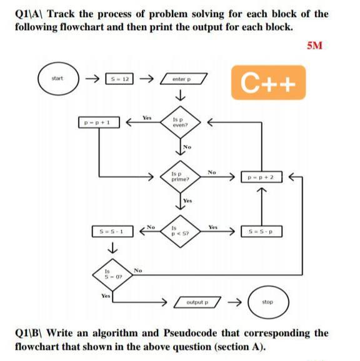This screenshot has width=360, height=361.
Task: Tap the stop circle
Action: [267, 303]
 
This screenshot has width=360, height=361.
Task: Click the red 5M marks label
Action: [315, 46]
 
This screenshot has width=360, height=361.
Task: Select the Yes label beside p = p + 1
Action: [146, 117]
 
